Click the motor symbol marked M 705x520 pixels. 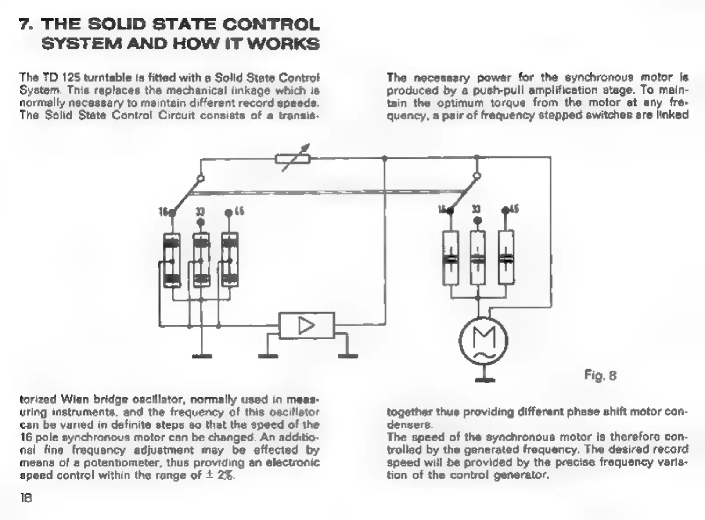click(x=483, y=340)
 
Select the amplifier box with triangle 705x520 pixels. click(x=306, y=325)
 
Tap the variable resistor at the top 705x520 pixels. click(x=293, y=158)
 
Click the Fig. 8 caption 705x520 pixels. click(x=600, y=375)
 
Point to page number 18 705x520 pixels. click(x=26, y=498)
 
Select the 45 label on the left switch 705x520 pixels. click(x=239, y=212)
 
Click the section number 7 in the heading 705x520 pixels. click(x=25, y=24)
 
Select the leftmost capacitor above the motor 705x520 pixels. click(x=450, y=258)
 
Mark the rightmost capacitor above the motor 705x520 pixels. click(x=506, y=258)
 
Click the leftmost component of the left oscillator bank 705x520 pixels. click(x=172, y=260)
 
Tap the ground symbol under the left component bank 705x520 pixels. click(x=202, y=356)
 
